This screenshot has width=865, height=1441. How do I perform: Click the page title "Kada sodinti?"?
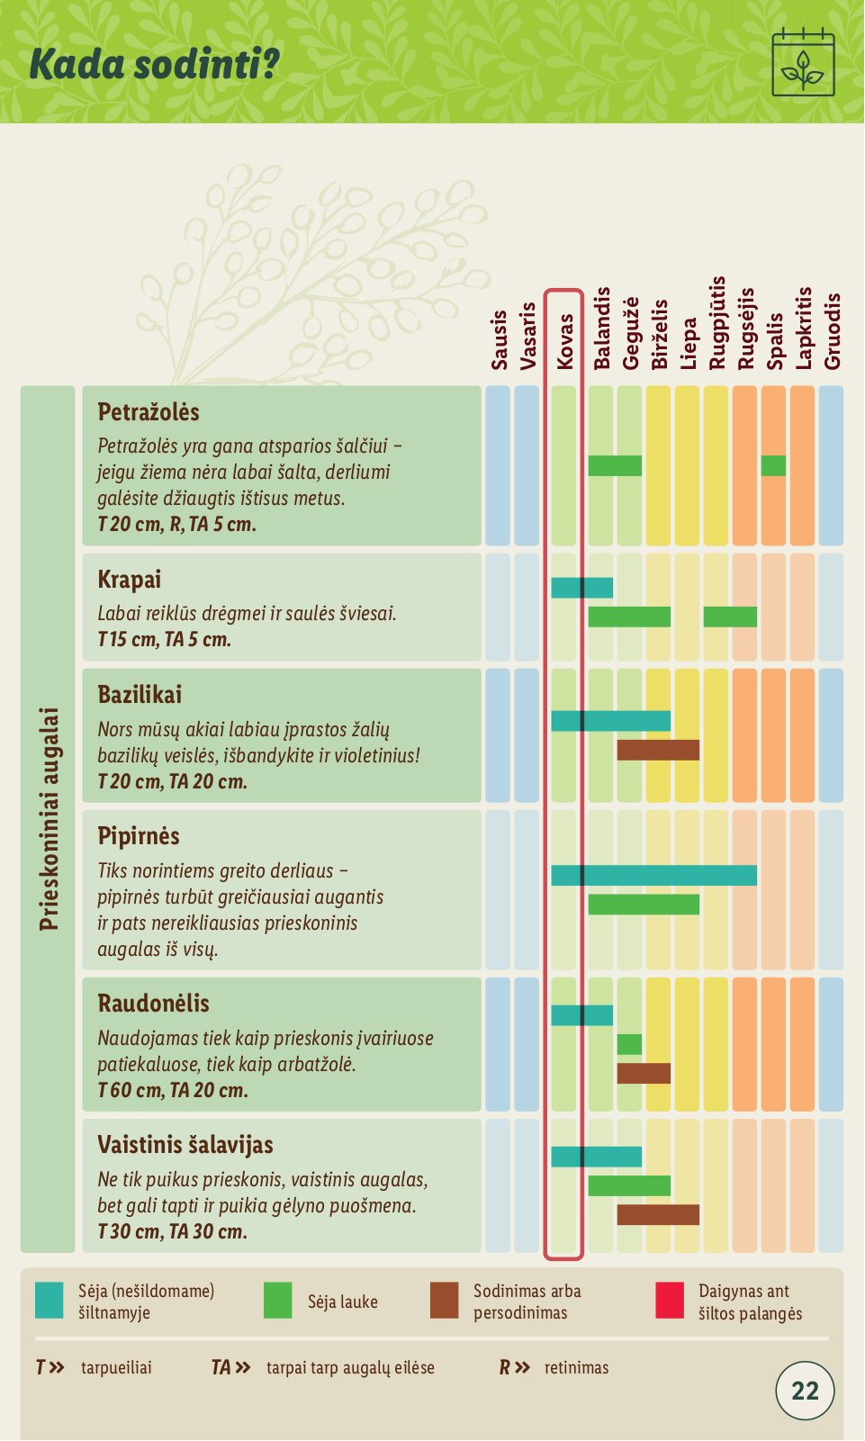pos(154,64)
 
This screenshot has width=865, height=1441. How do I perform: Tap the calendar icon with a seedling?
pos(803,64)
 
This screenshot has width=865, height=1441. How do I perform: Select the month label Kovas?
pos(564,341)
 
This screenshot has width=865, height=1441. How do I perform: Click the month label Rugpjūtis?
pos(716,323)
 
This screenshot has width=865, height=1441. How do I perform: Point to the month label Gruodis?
pos(832,330)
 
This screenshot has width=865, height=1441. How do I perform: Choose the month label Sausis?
pos(500,339)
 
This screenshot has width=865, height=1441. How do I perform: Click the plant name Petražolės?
pos(149,412)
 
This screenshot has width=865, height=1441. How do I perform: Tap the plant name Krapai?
pos(130,580)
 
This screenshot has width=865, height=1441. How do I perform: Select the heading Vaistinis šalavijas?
pos(185,1145)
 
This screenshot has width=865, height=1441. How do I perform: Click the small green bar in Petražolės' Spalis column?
pos(773,465)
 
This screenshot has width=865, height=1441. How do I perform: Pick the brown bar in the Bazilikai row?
pos(658,750)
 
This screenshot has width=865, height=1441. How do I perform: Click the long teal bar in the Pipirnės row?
pos(653,875)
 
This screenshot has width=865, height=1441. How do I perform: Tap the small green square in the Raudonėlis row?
pos(629,1044)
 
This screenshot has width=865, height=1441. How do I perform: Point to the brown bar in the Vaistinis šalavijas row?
pos(658,1214)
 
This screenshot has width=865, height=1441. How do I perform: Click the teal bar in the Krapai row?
pos(581,588)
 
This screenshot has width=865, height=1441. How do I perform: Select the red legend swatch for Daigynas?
pos(670,1301)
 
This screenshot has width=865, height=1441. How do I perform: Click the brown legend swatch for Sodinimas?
pos(444,1301)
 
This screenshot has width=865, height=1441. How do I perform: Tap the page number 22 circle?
pos(805,1391)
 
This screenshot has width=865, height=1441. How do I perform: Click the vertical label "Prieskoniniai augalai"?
pos(49,818)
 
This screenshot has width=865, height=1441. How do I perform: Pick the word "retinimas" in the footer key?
pos(576,1368)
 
